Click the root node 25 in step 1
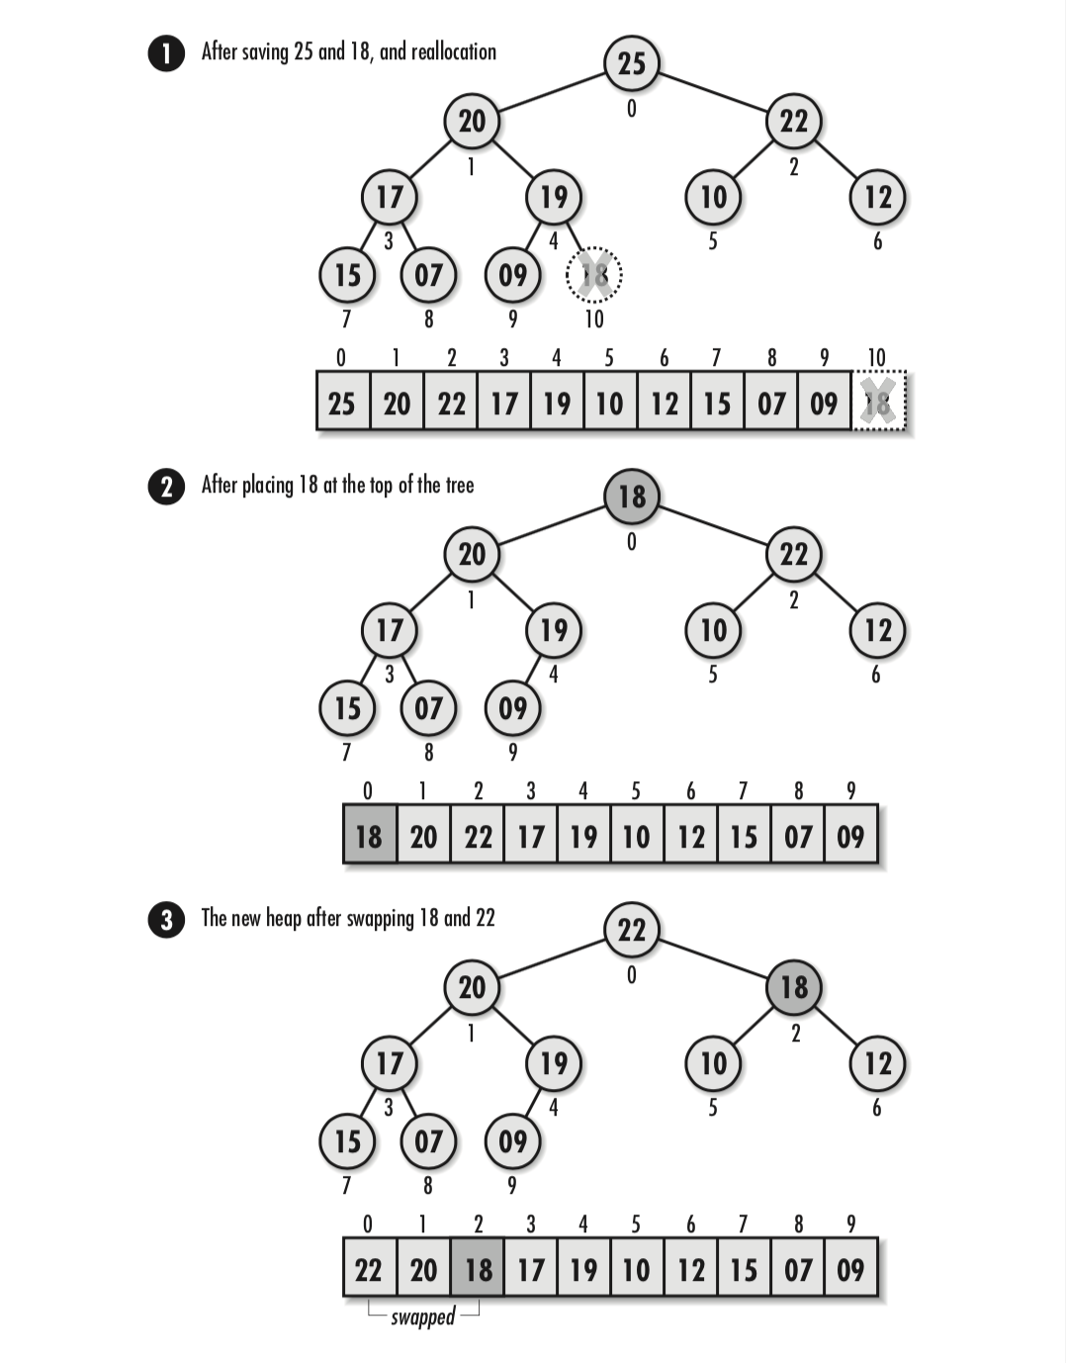click(x=631, y=63)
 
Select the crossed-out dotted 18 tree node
click(x=593, y=274)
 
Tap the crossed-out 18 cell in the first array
click(x=878, y=402)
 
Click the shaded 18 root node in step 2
click(x=631, y=497)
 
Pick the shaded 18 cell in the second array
click(x=369, y=836)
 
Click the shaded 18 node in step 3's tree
click(x=793, y=987)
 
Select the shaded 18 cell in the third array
click(x=478, y=1269)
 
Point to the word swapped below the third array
click(x=422, y=1317)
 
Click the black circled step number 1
click(x=166, y=52)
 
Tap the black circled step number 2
click(x=166, y=487)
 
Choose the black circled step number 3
click(x=166, y=920)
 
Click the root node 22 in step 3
click(x=631, y=930)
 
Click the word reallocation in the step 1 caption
click(x=453, y=51)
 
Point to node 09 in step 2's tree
click(x=512, y=708)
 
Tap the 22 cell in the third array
click(x=369, y=1269)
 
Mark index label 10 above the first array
click(x=876, y=357)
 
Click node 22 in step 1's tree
click(x=793, y=121)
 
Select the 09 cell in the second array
click(x=850, y=836)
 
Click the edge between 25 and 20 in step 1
click(x=552, y=91)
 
